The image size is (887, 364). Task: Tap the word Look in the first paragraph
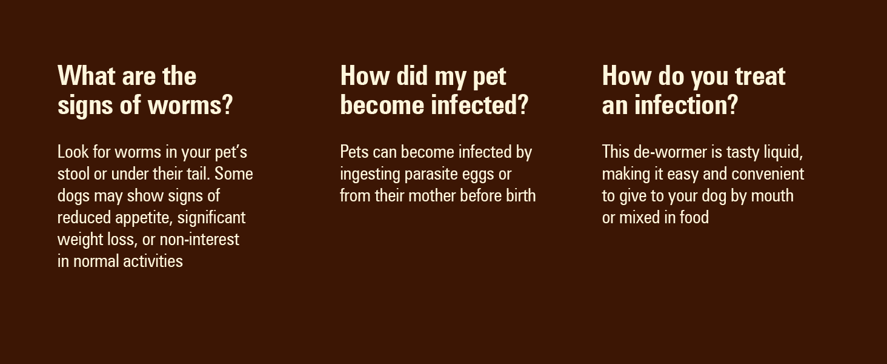[73, 152]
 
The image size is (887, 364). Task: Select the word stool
[74, 174]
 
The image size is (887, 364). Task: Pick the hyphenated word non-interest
[199, 240]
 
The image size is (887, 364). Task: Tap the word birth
[520, 195]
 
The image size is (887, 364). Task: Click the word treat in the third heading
[760, 76]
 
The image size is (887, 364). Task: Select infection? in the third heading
[686, 105]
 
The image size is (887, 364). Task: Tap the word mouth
[772, 195]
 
